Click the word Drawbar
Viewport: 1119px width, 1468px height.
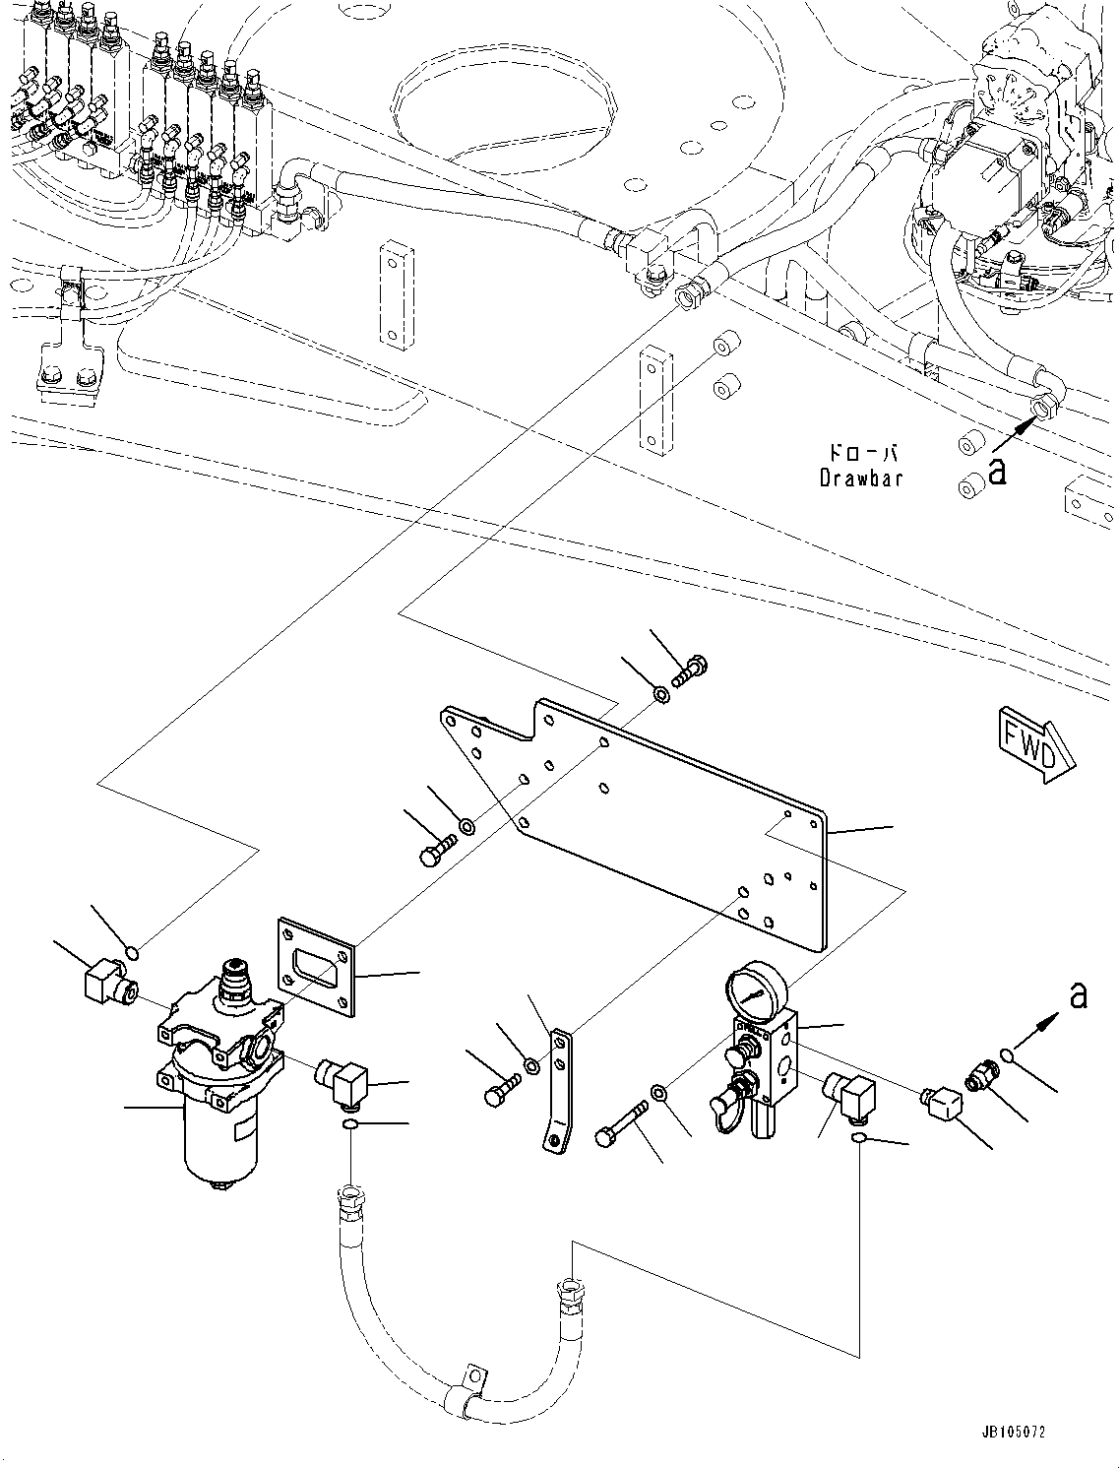pyautogui.click(x=860, y=479)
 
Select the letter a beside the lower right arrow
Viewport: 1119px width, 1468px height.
pyautogui.click(x=1079, y=996)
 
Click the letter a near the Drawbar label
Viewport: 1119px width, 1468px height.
pyautogui.click(x=997, y=472)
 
